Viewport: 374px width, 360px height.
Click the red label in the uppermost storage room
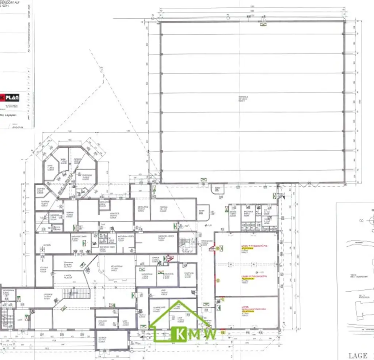[x=249, y=246]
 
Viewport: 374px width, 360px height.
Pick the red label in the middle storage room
[x=249, y=277]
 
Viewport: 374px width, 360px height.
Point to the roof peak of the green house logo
[x=179, y=302]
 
